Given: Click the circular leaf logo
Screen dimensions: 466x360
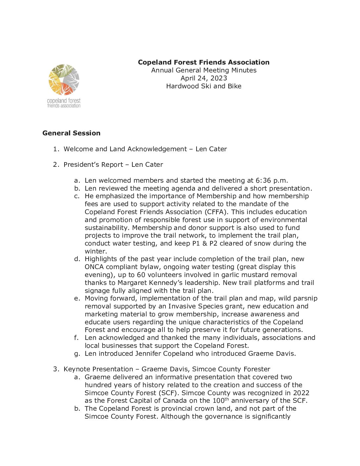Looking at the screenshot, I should point(64,80).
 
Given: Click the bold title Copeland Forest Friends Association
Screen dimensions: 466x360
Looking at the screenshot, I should point(203,62).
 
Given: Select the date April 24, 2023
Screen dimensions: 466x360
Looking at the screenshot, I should point(203,78).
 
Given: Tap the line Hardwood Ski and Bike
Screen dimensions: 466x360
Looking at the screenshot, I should point(203,86).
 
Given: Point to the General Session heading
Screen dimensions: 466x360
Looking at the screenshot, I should point(71,133).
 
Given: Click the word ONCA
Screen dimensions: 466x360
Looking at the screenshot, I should point(94,267).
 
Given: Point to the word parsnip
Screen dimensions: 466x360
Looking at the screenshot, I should point(304,298).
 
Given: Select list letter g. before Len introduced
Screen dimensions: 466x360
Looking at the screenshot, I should point(77,353).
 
